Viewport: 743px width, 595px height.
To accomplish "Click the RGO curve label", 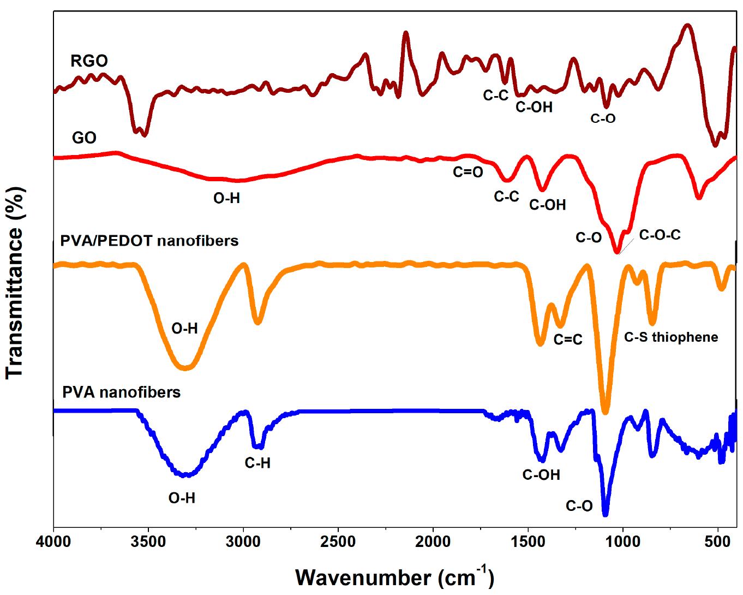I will coord(89,61).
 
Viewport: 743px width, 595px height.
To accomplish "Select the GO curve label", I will coord(84,138).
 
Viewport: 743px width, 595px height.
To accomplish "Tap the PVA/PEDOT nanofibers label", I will coord(146,240).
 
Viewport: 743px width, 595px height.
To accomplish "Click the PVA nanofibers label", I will coord(121,392).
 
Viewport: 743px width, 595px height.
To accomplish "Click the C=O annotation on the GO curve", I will coord(468,172).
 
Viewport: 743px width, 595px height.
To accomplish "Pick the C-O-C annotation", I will coord(660,235).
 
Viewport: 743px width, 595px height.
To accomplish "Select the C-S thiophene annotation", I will coord(671,337).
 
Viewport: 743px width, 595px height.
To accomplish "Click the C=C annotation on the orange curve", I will coord(568,340).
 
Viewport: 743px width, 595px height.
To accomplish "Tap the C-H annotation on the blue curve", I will coord(257,463).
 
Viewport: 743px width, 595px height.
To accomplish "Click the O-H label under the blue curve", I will coord(182,498).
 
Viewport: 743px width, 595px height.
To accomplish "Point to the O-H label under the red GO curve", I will coord(226,198).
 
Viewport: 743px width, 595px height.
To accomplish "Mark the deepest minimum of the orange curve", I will coord(604,412).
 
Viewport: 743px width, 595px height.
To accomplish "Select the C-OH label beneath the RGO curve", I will coord(534,107).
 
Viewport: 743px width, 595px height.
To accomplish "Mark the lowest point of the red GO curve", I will coord(617,252).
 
